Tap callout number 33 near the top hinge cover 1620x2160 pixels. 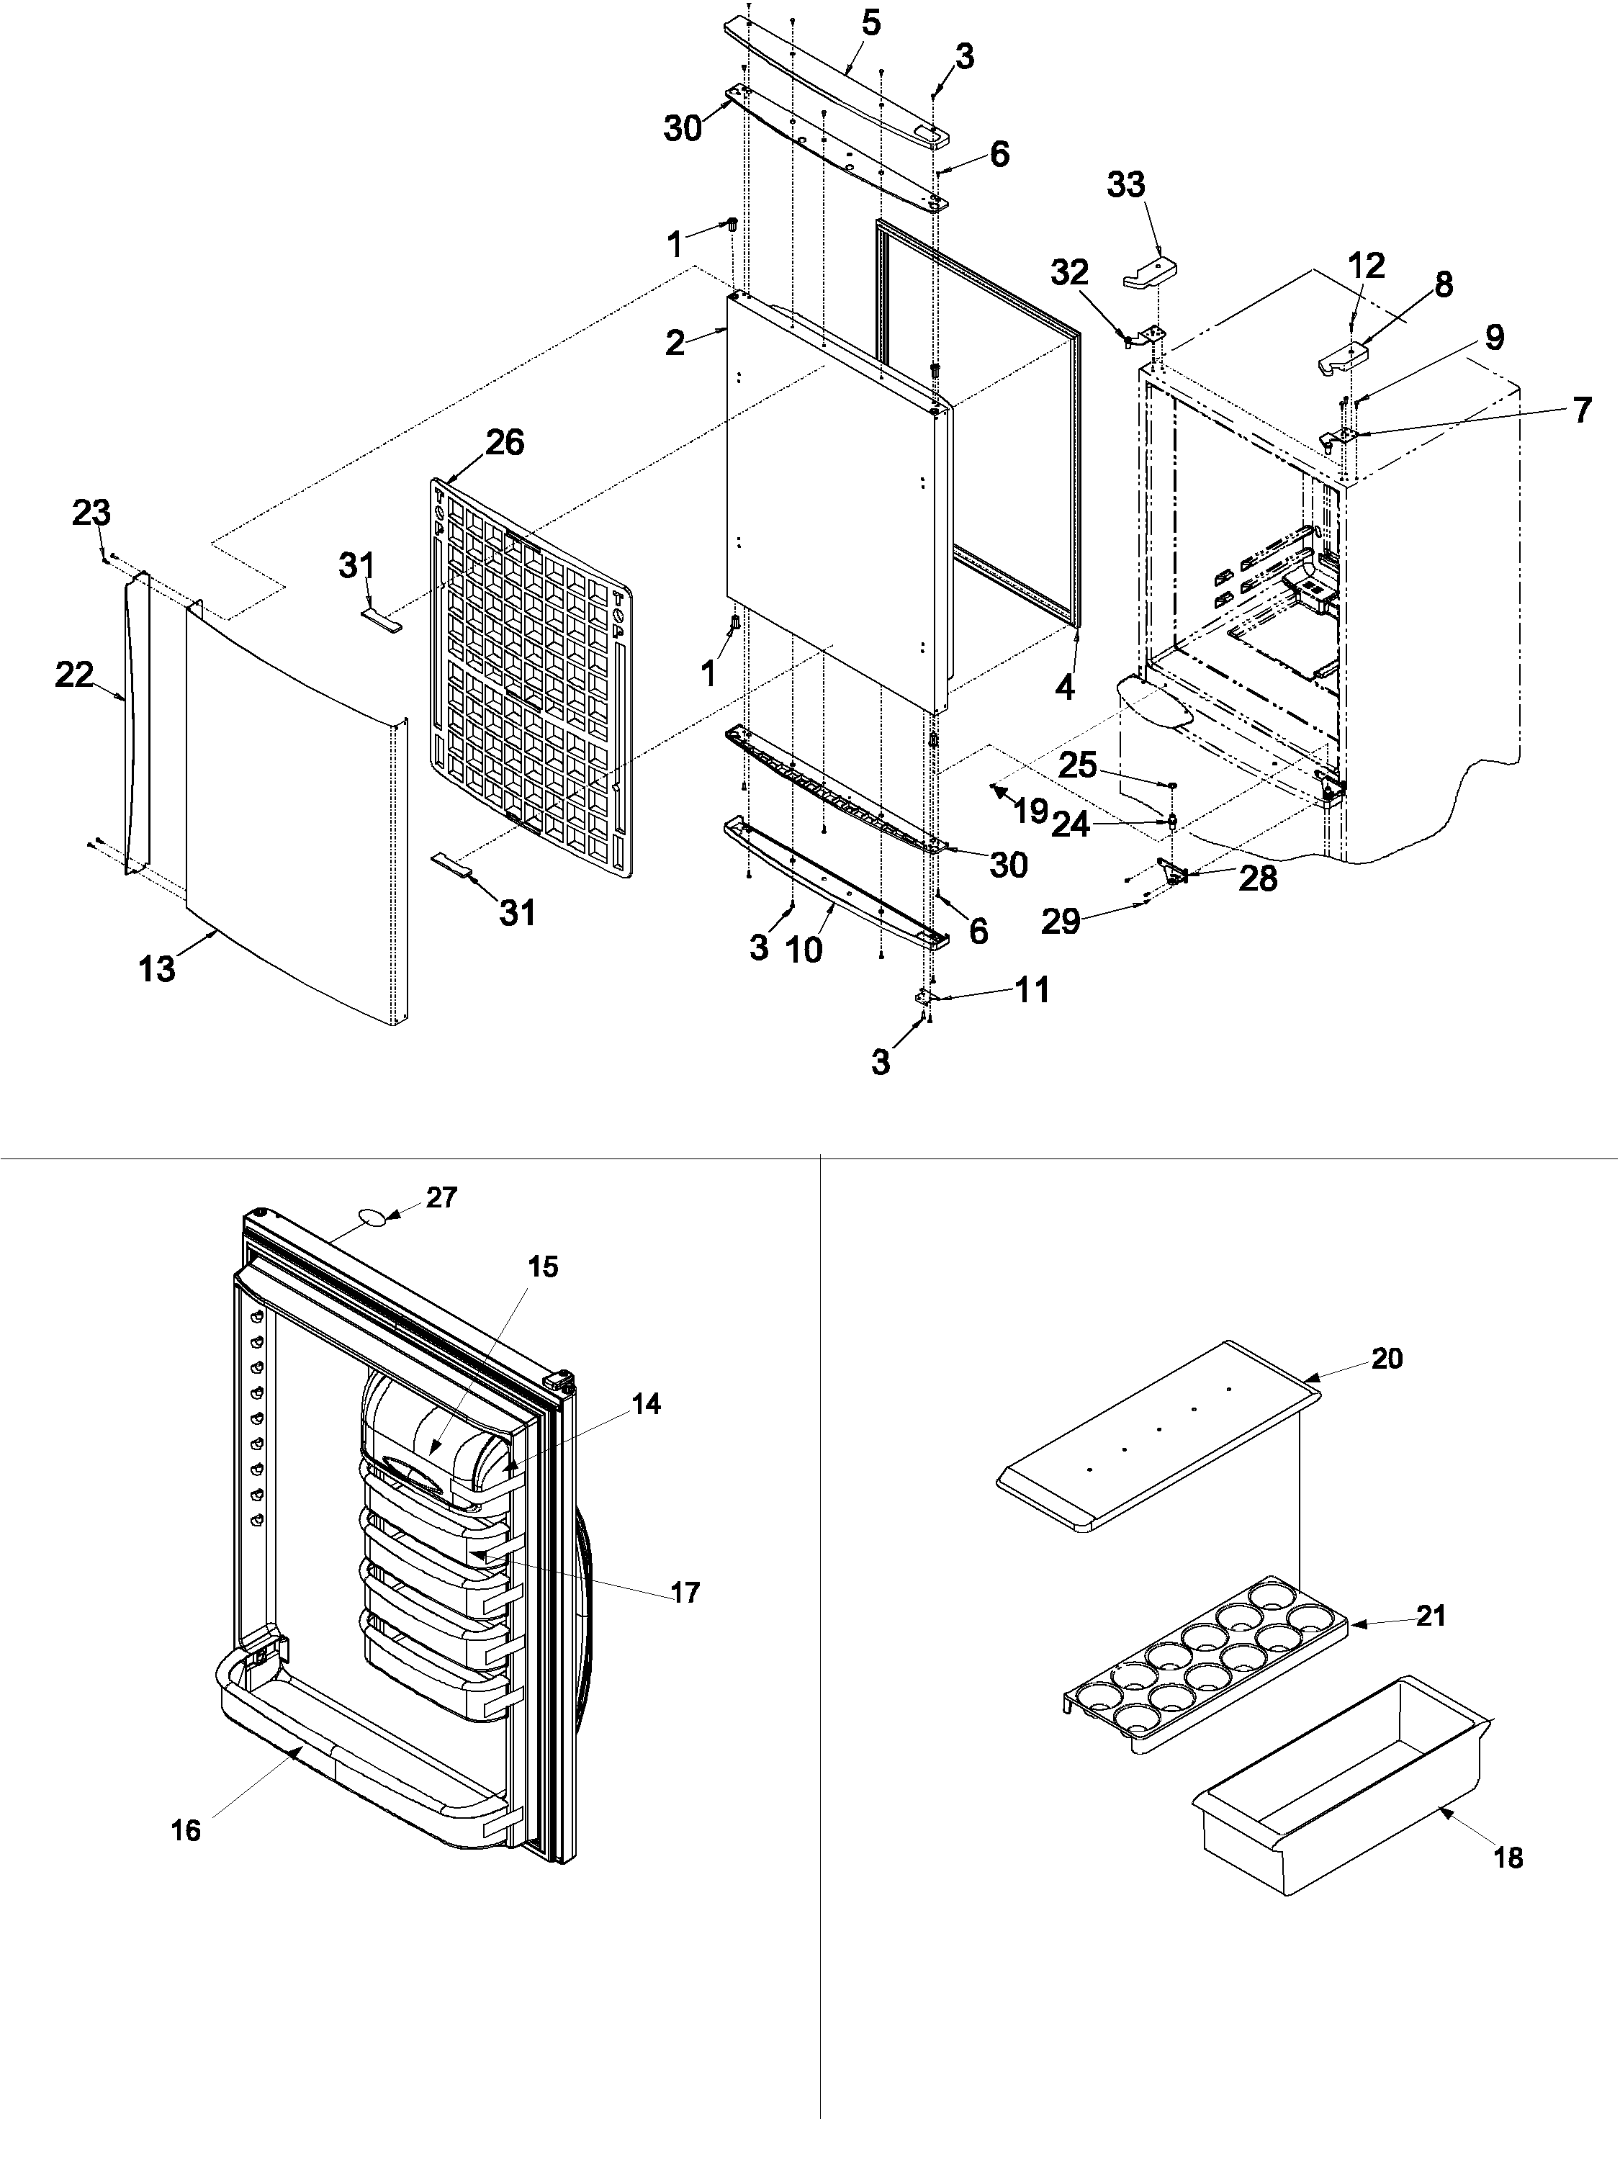pos(1126,184)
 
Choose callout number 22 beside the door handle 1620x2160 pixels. pos(74,674)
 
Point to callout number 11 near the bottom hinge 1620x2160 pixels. pos(1031,989)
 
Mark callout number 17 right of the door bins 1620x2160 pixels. pos(685,1593)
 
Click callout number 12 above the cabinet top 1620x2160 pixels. pos(1366,266)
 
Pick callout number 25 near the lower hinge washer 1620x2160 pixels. pos(1078,765)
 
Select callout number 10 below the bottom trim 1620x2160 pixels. pos(805,949)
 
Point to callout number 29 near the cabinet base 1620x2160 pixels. pos(1061,921)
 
